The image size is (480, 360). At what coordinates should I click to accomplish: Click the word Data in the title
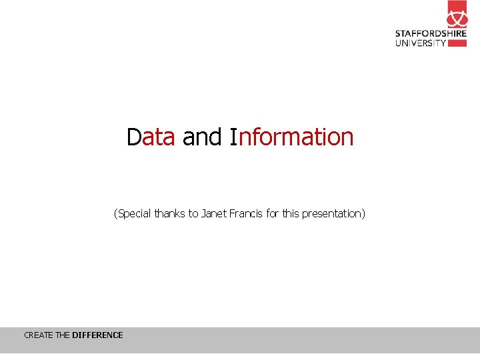[x=151, y=137]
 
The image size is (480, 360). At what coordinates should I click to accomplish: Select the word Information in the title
[x=291, y=137]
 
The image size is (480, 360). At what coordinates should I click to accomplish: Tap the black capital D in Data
[x=134, y=137]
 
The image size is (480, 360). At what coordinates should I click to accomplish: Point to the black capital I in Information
[x=233, y=137]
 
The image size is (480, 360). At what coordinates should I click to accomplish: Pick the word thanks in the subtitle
[x=169, y=214]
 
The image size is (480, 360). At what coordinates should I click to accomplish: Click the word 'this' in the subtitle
[x=291, y=214]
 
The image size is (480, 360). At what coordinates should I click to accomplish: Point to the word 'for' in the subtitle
[x=272, y=214]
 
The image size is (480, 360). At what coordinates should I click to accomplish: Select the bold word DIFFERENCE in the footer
[x=97, y=335]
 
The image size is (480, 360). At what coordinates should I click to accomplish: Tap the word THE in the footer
[x=63, y=335]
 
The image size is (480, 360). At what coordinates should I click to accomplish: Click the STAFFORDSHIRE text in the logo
[x=431, y=33]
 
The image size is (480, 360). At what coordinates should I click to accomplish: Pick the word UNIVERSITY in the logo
[x=421, y=43]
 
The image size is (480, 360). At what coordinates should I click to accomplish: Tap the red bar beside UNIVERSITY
[x=457, y=43]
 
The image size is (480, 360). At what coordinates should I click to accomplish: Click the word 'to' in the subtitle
[x=193, y=214]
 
